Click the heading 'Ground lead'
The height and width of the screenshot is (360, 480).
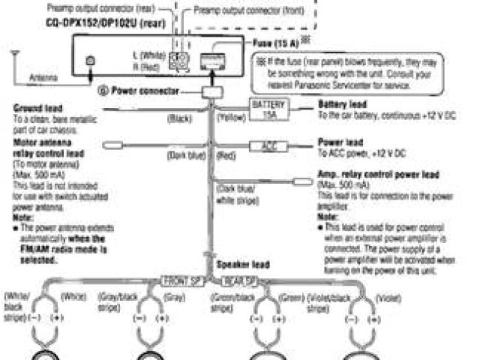37,108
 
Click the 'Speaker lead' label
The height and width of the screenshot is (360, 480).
241,265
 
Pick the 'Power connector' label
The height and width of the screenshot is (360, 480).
147,90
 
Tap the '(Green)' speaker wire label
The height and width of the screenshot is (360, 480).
290,298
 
